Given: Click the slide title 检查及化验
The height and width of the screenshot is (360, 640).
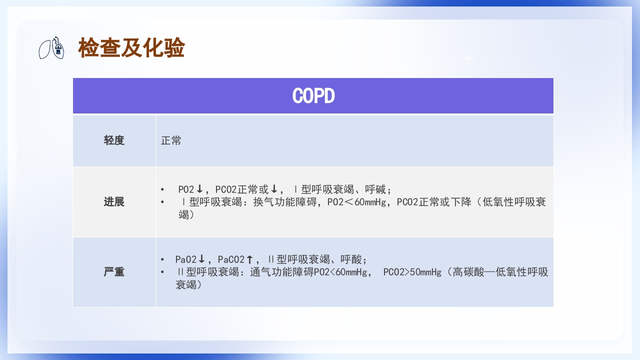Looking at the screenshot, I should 131,48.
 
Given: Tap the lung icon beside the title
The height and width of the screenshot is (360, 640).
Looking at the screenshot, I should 52,48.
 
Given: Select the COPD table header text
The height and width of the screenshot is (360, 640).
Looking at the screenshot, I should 313,96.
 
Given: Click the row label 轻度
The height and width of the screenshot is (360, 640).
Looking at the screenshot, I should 114,140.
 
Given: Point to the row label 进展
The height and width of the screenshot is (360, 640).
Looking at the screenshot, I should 114,202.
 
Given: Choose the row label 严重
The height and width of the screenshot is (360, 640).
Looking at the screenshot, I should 114,272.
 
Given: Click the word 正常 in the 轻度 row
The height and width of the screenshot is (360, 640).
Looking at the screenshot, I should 171,140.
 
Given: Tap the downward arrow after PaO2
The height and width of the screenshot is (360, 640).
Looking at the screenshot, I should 201,259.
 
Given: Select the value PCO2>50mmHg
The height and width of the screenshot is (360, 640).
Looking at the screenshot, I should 412,272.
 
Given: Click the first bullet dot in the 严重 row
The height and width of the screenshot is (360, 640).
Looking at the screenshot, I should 162,259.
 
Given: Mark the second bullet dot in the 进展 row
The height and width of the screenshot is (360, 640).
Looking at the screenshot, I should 162,202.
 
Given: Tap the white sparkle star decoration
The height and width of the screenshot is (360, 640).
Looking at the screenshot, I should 468,58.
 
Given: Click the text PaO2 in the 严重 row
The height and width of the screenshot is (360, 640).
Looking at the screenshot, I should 185,259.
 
